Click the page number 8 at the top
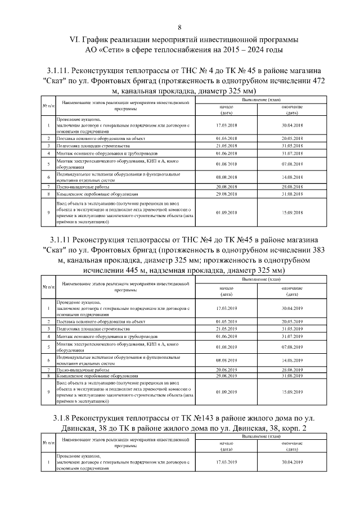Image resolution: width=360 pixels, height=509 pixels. click(x=179, y=27)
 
